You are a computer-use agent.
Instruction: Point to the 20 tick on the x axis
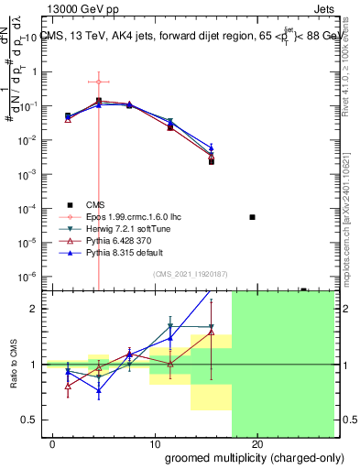tap(257, 444)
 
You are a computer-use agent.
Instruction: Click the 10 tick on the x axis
tap(155, 444)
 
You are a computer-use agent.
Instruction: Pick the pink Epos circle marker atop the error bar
tap(99, 82)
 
